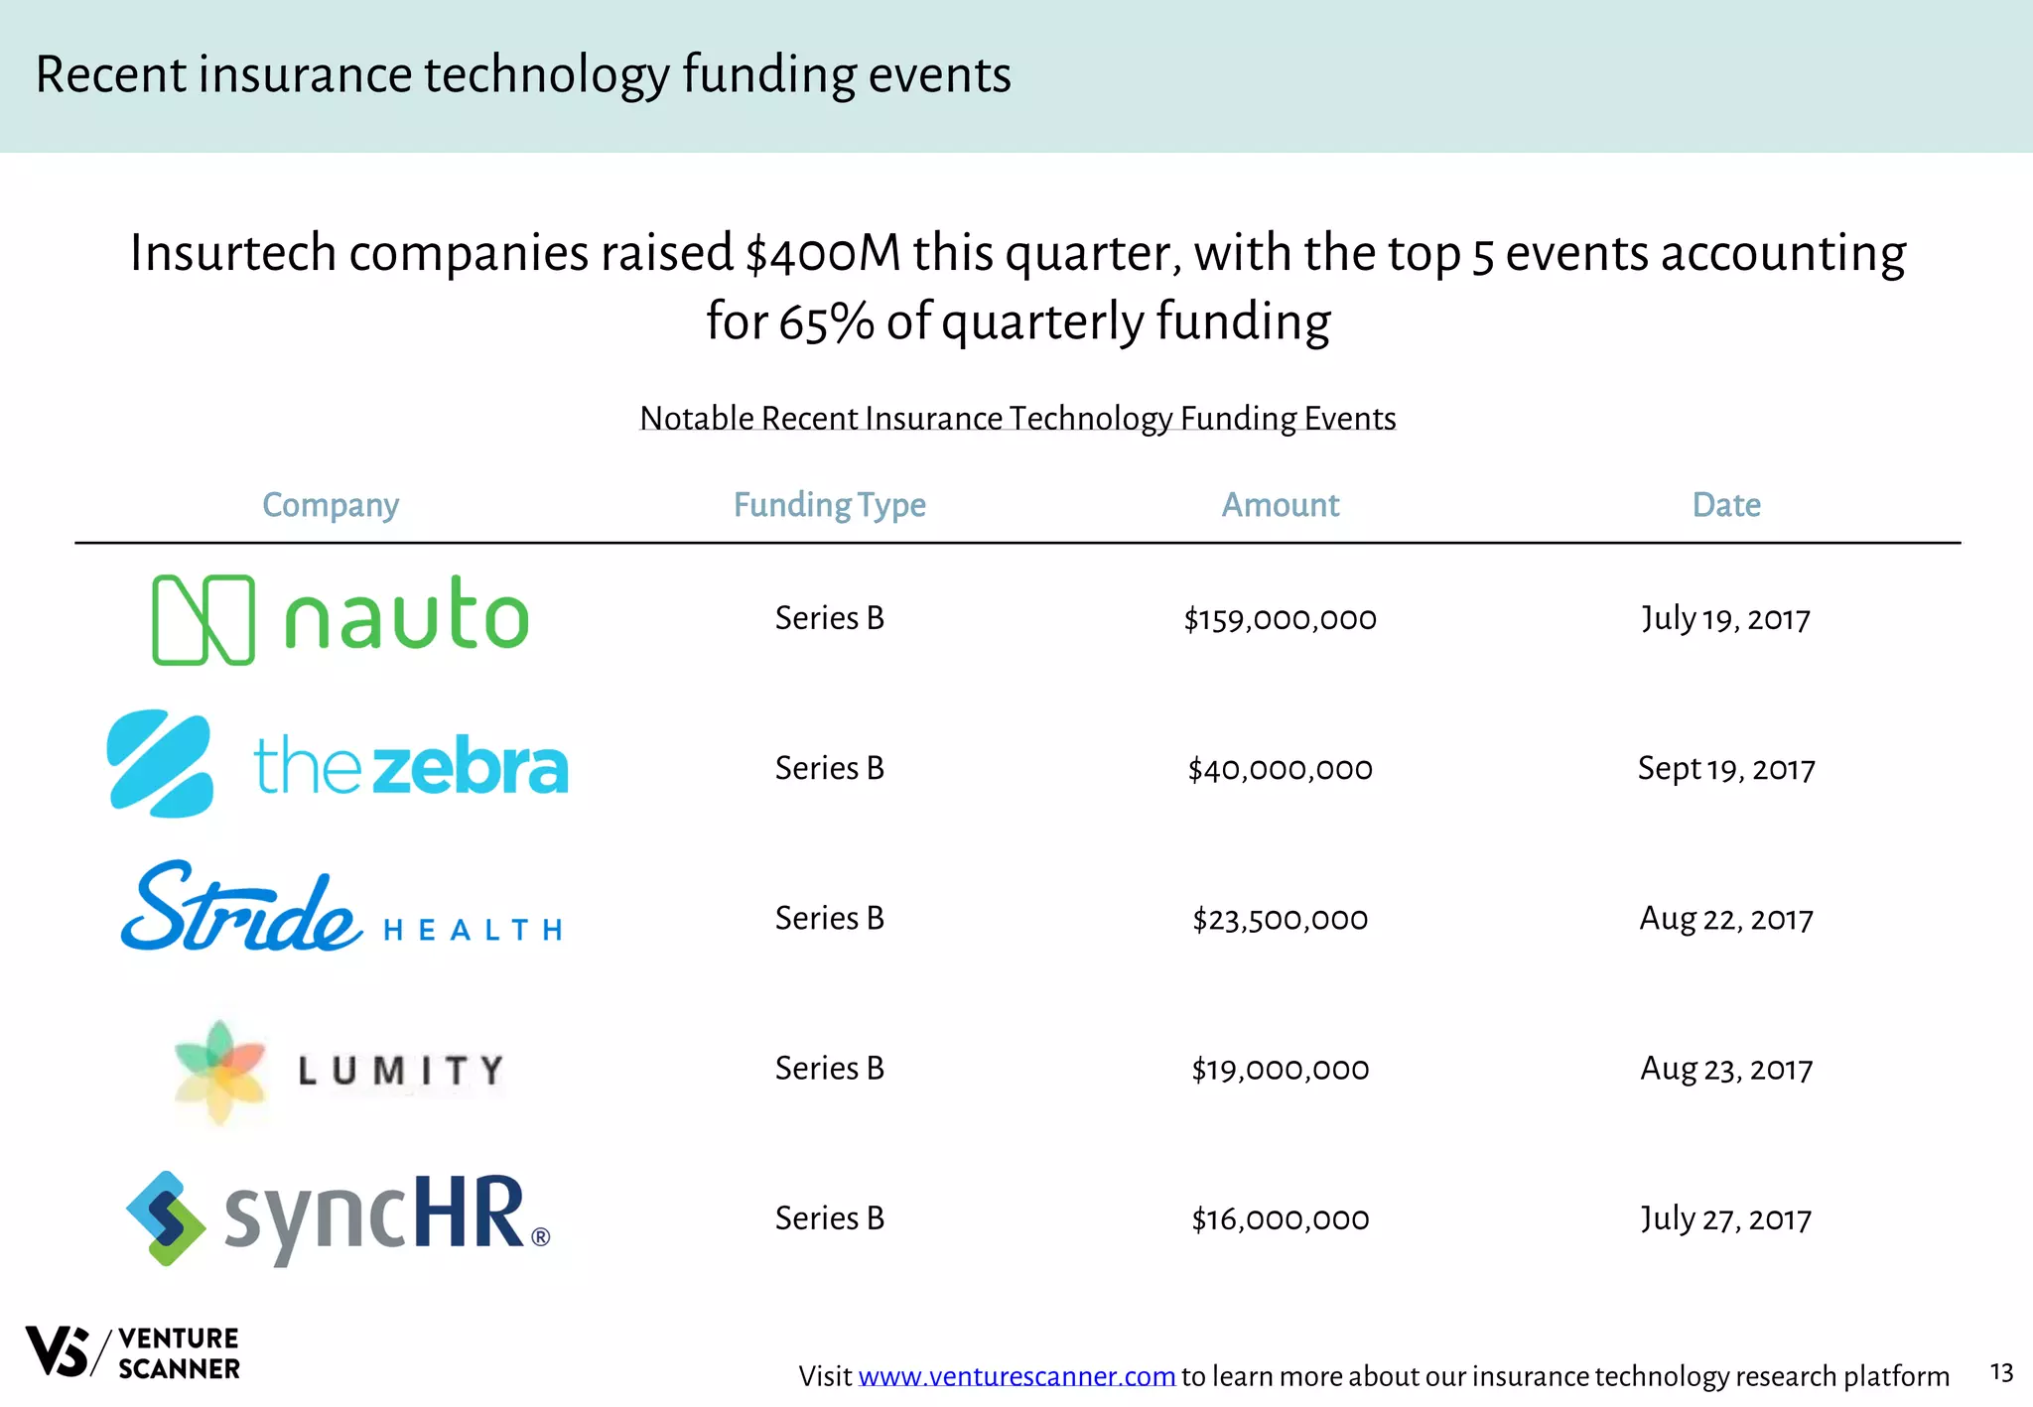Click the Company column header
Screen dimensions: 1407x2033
[x=331, y=505]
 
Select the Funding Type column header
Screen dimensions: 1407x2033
[x=829, y=505]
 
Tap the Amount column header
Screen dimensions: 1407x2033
[x=1280, y=505]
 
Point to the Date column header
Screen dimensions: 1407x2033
[x=1726, y=505]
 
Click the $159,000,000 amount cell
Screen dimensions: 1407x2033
[x=1280, y=619]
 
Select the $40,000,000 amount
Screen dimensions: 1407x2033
[x=1280, y=769]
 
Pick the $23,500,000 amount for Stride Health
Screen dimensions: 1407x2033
[x=1280, y=919]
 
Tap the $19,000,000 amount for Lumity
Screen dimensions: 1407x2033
[x=1280, y=1069]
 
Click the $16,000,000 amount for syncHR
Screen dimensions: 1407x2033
[x=1280, y=1218]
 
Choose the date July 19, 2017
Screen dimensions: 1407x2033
[x=1726, y=619]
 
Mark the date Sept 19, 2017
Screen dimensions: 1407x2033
[x=1726, y=769]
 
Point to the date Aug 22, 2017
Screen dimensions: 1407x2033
[x=1726, y=919]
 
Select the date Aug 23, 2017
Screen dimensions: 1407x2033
[x=1726, y=1069]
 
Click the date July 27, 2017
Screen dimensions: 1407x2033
[x=1726, y=1218]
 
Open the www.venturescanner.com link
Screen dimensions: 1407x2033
[x=1016, y=1377]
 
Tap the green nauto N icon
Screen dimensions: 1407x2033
[x=203, y=619]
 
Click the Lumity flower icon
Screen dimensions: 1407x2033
[x=220, y=1071]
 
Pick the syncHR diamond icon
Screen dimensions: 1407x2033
[x=166, y=1218]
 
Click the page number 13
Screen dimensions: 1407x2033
[x=2001, y=1373]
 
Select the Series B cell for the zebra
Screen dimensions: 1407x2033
[x=829, y=769]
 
